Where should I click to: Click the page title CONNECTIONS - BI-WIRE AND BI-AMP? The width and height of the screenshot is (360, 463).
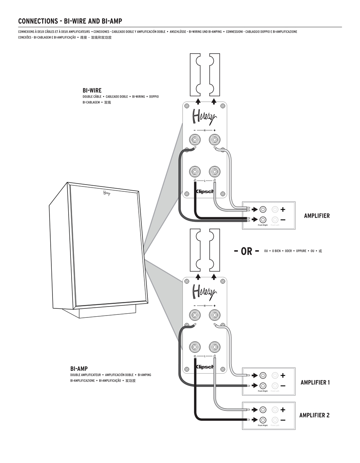pyautogui.click(x=70, y=21)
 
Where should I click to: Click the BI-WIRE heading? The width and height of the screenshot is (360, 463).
pyautogui.click(x=92, y=90)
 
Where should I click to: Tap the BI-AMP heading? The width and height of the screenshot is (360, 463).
pyautogui.click(x=79, y=369)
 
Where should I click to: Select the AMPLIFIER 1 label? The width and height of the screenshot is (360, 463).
pyautogui.click(x=315, y=382)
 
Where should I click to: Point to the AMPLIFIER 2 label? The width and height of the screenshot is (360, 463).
pyautogui.click(x=314, y=415)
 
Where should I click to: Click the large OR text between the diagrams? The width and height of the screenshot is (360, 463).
pyautogui.click(x=246, y=251)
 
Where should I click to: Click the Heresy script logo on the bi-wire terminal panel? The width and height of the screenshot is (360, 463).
pyautogui.click(x=204, y=116)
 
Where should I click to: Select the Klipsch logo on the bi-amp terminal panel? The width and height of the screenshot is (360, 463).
pyautogui.click(x=205, y=367)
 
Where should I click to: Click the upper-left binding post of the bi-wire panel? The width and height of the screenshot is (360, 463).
pyautogui.click(x=195, y=140)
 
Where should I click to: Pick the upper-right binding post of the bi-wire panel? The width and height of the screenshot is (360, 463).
pyautogui.click(x=214, y=140)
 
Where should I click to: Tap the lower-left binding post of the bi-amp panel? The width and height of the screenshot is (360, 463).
pyautogui.click(x=195, y=346)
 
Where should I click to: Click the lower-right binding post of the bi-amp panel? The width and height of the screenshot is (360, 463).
pyautogui.click(x=214, y=346)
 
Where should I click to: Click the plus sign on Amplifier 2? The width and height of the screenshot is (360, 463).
pyautogui.click(x=283, y=410)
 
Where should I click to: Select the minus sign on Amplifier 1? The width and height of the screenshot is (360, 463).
pyautogui.click(x=283, y=385)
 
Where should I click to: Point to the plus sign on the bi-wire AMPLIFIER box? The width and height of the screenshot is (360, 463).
pyautogui.click(x=283, y=209)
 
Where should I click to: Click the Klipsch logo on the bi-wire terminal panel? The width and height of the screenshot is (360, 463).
pyautogui.click(x=205, y=191)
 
